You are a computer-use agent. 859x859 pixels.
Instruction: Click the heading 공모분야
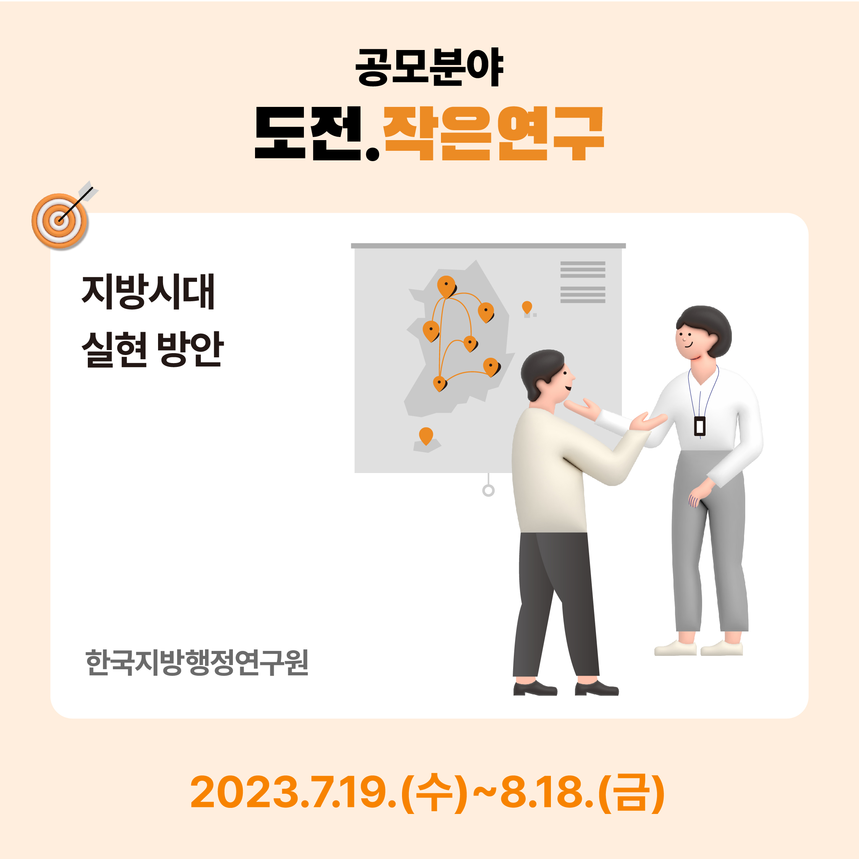(429, 67)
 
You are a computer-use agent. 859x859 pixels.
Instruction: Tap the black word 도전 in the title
(308, 133)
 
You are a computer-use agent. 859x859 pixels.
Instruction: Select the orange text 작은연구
(493, 133)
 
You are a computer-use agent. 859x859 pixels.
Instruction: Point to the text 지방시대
(149, 292)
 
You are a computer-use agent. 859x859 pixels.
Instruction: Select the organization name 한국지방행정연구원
(197, 662)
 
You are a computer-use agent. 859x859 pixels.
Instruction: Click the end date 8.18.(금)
(583, 793)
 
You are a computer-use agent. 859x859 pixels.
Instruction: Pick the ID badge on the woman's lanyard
(700, 426)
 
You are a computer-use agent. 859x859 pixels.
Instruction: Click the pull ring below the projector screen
(489, 491)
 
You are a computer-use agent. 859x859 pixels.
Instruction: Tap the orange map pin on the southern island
(426, 436)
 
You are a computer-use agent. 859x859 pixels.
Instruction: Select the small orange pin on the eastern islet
(527, 307)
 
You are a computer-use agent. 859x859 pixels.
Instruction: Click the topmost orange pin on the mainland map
(446, 287)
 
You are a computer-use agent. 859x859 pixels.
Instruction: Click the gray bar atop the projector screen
(488, 246)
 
